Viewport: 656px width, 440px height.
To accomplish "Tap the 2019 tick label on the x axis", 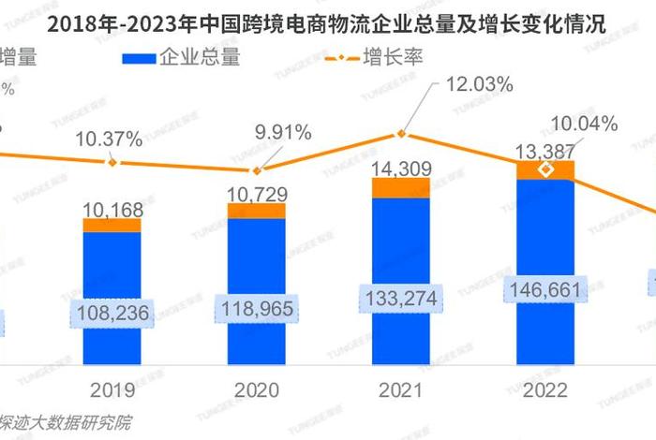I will click(112, 389).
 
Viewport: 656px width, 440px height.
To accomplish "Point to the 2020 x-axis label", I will click(256, 389).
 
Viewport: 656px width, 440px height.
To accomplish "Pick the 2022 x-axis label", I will click(545, 389).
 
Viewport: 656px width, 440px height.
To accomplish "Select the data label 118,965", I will click(256, 307).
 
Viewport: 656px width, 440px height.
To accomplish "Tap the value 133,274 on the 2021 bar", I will click(401, 299).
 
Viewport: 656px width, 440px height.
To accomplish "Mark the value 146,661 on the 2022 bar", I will click(545, 290).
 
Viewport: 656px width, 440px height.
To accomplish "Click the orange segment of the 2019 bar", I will click(112, 226).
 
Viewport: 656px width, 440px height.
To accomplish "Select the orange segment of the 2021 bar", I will click(401, 187).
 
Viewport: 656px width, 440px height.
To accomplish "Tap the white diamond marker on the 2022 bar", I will click(545, 169).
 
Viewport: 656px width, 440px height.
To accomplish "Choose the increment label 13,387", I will click(545, 150).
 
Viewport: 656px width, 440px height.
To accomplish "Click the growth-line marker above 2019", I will click(112, 162).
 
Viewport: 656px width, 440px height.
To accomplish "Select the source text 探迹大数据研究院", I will click(65, 422).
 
